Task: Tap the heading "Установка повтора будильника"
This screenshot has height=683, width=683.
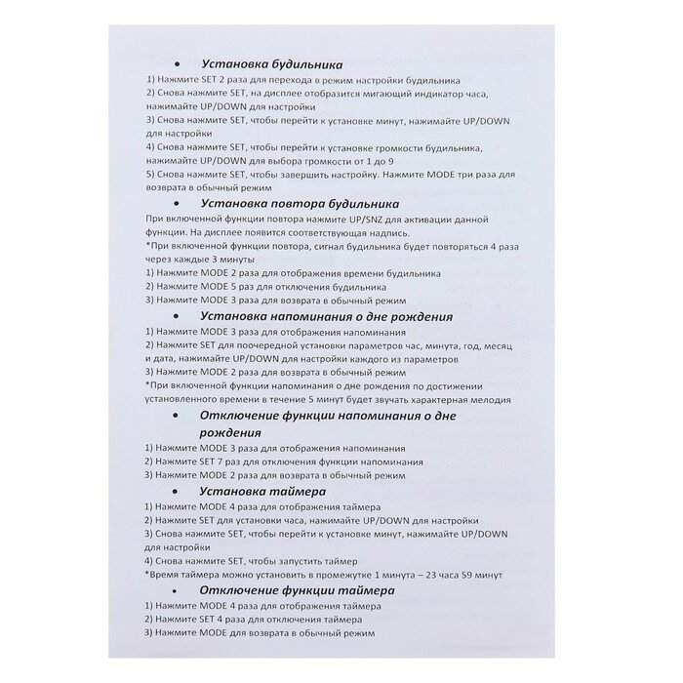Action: pyautogui.click(x=299, y=204)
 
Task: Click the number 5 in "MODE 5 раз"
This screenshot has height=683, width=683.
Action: pyautogui.click(x=231, y=289)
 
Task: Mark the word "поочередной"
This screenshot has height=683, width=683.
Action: pyautogui.click(x=255, y=344)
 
